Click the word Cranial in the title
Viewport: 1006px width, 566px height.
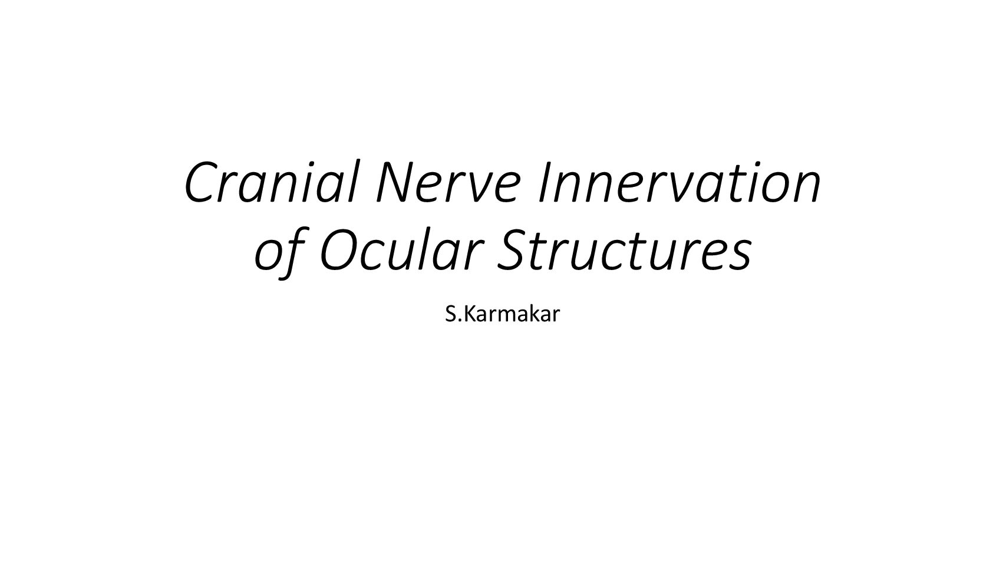point(271,182)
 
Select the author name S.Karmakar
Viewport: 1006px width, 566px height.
point(503,314)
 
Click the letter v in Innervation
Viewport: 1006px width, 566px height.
point(691,189)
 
